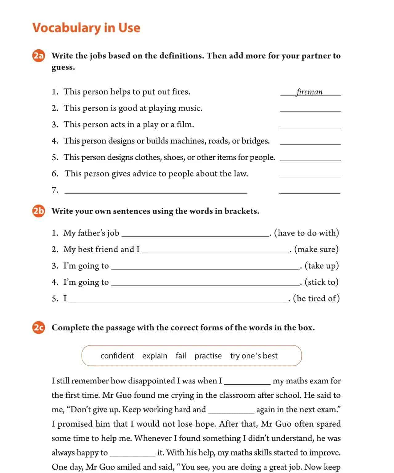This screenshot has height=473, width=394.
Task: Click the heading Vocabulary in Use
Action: (x=86, y=28)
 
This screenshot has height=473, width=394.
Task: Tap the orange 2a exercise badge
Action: (x=39, y=56)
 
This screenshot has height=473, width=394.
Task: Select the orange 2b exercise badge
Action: (x=39, y=211)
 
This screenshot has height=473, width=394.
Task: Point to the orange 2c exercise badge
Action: (x=39, y=328)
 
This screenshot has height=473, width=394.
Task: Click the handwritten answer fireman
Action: (x=310, y=92)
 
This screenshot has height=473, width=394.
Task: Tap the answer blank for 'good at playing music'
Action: (x=310, y=109)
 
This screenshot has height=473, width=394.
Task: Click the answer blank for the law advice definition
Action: (x=310, y=175)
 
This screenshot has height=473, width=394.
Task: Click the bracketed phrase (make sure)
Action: (x=316, y=249)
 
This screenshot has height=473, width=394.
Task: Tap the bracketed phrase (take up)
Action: (x=322, y=266)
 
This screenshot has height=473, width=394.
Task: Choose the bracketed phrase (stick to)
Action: (x=322, y=282)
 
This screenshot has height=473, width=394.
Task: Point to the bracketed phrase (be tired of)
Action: (x=316, y=298)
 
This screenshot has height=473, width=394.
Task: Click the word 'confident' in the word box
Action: (x=117, y=356)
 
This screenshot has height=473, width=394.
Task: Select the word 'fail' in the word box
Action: (x=181, y=356)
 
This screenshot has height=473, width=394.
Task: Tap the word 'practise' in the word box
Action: (x=208, y=356)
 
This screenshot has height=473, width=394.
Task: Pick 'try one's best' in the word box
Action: (x=254, y=356)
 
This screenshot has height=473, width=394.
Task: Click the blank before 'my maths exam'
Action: (x=247, y=382)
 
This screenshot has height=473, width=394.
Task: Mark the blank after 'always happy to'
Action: (x=132, y=454)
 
